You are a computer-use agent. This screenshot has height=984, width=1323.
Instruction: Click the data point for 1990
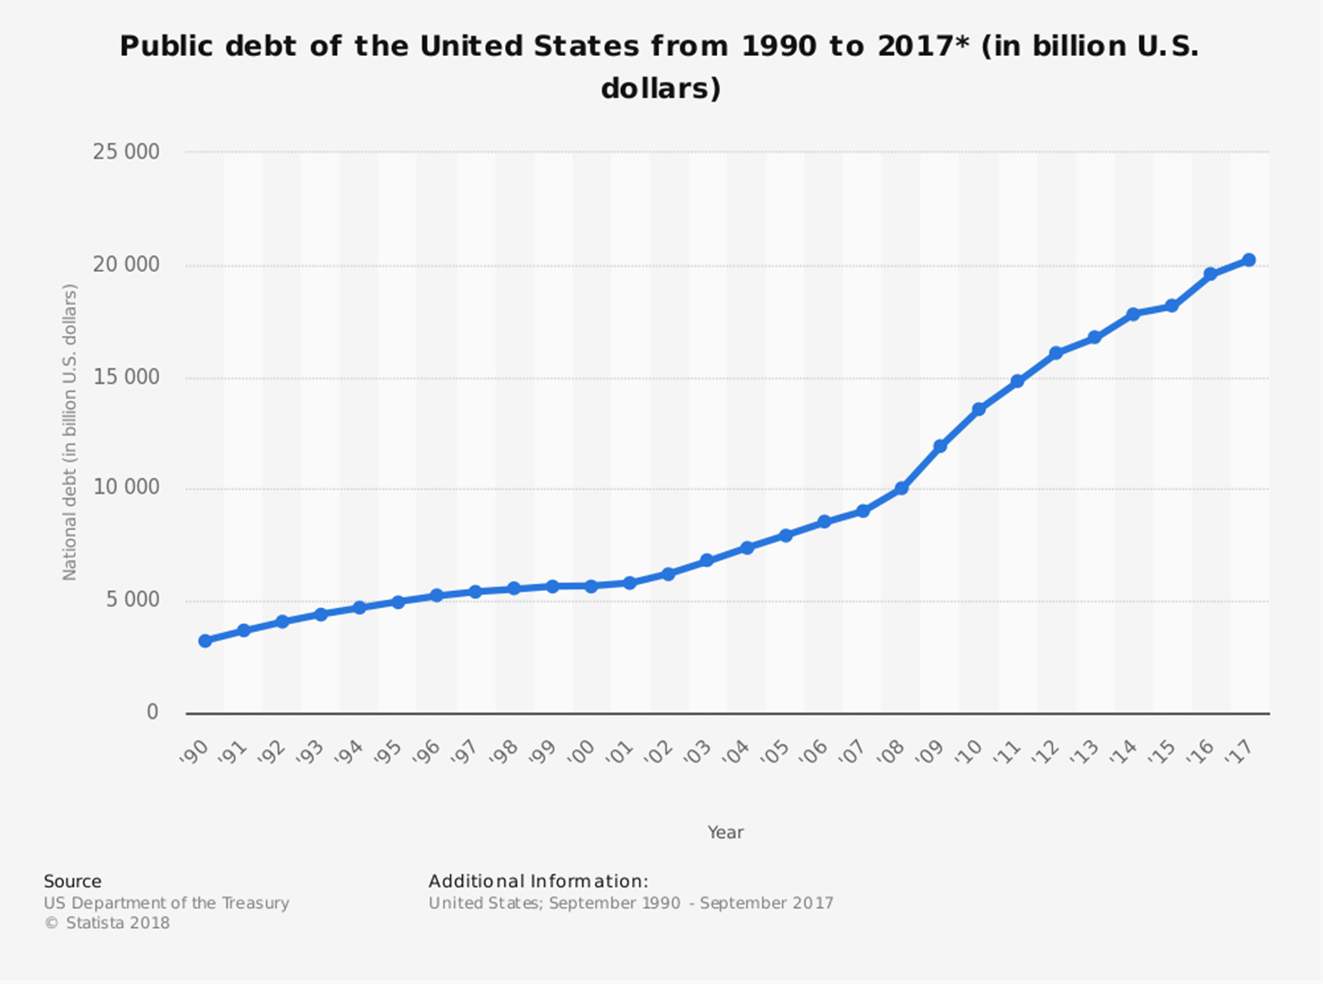[204, 640]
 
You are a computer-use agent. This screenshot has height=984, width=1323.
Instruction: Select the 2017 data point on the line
[1248, 260]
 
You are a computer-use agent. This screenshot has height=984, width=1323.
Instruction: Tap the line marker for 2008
[901, 488]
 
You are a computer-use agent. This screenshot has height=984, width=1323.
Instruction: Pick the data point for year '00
[591, 586]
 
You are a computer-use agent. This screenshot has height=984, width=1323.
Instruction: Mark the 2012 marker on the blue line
[1055, 353]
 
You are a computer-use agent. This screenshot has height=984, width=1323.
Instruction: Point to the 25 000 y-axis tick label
[126, 151]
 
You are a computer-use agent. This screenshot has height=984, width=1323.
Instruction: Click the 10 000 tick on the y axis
[126, 487]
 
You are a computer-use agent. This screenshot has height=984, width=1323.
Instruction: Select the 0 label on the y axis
[152, 712]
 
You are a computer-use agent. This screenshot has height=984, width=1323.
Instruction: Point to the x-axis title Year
[725, 832]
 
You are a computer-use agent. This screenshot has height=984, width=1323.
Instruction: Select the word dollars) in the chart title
[660, 88]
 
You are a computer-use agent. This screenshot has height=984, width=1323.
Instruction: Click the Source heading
[72, 881]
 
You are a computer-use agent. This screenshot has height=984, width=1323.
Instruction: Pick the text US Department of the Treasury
[166, 903]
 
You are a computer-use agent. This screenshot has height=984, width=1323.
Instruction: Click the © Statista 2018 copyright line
[107, 922]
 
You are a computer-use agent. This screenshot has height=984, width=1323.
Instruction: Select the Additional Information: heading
[538, 881]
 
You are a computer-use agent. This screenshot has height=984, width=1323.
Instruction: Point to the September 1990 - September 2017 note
[691, 903]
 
